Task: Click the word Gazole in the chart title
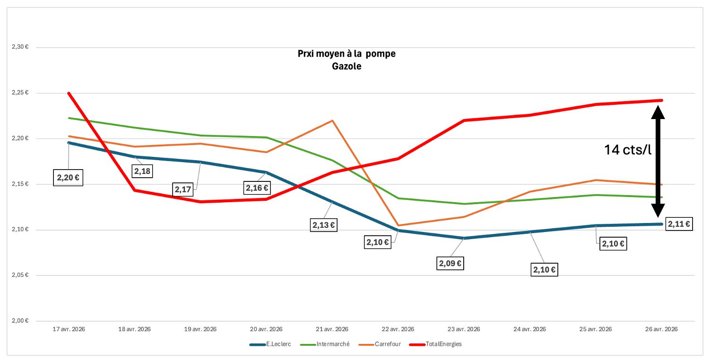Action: (x=347, y=67)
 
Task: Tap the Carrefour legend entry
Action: (x=383, y=344)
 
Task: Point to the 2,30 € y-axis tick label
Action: (x=20, y=47)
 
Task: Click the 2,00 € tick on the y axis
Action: (x=20, y=321)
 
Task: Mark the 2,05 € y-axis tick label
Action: (x=20, y=275)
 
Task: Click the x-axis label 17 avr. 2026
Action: (x=69, y=329)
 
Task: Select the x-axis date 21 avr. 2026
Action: (x=332, y=329)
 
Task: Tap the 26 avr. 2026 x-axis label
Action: (x=661, y=329)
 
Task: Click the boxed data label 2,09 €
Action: (x=450, y=263)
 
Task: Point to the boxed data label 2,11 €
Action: (x=679, y=224)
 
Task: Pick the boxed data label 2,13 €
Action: (x=324, y=225)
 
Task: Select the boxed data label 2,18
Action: (x=142, y=171)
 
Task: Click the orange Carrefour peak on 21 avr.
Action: (x=332, y=120)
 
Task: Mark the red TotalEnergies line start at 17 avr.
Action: (x=69, y=94)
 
